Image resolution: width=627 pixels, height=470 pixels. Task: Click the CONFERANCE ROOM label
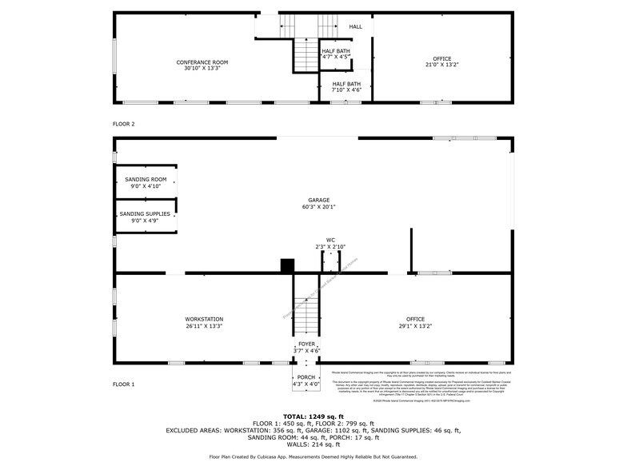pyautogui.click(x=202, y=62)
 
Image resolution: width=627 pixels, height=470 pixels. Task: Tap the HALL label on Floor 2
pyautogui.click(x=355, y=27)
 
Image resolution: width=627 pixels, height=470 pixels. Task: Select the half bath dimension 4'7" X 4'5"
pyautogui.click(x=335, y=58)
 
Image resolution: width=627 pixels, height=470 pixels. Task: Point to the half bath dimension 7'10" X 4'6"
pyautogui.click(x=346, y=90)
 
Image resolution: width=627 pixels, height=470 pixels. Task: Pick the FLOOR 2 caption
pyautogui.click(x=124, y=124)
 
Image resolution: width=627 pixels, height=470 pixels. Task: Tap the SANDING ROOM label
pyautogui.click(x=146, y=179)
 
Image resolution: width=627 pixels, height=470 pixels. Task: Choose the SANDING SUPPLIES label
pyautogui.click(x=145, y=213)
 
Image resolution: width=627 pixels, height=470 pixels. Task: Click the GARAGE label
pyautogui.click(x=319, y=200)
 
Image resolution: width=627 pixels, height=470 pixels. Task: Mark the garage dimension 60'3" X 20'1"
pyautogui.click(x=319, y=207)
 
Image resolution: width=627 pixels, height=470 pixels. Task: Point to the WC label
pyautogui.click(x=329, y=239)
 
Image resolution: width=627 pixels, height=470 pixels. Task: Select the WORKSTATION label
pyautogui.click(x=204, y=319)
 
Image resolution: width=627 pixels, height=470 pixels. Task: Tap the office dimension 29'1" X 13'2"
pyautogui.click(x=415, y=326)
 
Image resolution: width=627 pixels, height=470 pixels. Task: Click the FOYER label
pyautogui.click(x=307, y=344)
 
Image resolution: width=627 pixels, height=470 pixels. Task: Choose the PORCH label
pyautogui.click(x=306, y=377)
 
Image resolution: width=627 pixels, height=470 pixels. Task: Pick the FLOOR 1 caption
pyautogui.click(x=124, y=384)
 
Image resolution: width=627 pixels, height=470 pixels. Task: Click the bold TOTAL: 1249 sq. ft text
pyautogui.click(x=313, y=416)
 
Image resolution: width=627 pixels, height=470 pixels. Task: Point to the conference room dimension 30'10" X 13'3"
pyautogui.click(x=202, y=69)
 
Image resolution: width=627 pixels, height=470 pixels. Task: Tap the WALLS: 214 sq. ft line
pyautogui.click(x=313, y=444)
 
